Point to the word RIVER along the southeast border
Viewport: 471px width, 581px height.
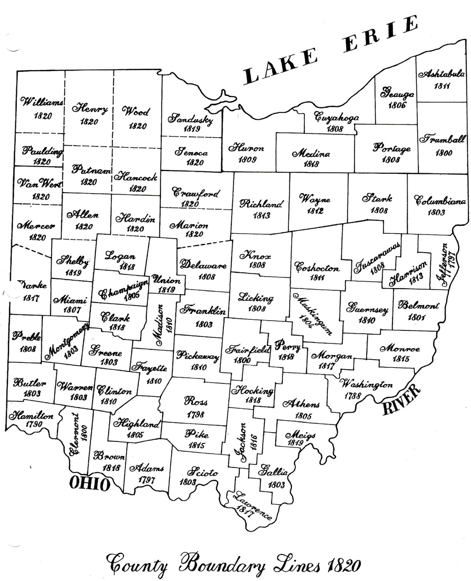coord(402,400)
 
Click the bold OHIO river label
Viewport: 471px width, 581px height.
coord(89,483)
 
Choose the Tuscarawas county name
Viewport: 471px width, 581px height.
coord(378,256)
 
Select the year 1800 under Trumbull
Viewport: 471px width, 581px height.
coord(444,153)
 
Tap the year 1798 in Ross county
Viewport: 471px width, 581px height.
coord(196,414)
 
